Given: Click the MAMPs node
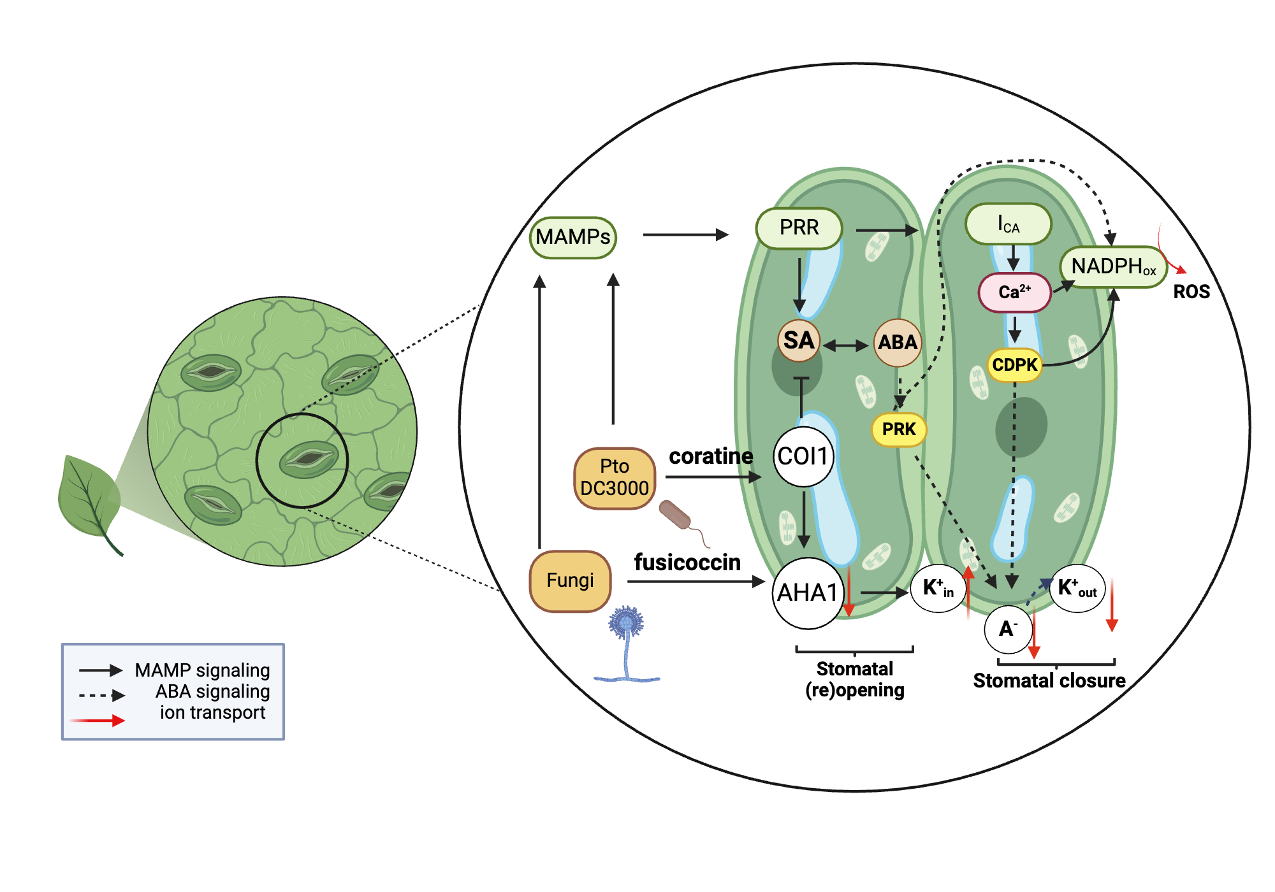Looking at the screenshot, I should coord(572,238).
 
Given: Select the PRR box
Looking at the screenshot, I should coord(799,227).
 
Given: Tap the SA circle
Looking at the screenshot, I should coord(798,340).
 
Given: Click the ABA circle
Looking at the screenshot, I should coord(897,343).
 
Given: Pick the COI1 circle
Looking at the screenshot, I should coord(803,456).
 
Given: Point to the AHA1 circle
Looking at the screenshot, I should coord(807,593).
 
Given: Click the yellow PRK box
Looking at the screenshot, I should coord(898,429).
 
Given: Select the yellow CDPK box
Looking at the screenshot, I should coord(1014,365).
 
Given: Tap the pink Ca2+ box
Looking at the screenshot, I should coord(1014,292).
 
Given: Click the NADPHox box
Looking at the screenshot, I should coord(1112,266).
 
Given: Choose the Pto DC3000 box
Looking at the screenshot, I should coord(614,478).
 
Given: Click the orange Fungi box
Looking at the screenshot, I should coord(570,580).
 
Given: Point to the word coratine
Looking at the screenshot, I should coord(710,456).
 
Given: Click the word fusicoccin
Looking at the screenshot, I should coord(687,563).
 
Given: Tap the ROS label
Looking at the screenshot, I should coord(1191,292).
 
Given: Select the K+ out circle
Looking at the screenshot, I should coord(1077,588).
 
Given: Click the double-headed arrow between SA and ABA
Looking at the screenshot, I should coord(845,346).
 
